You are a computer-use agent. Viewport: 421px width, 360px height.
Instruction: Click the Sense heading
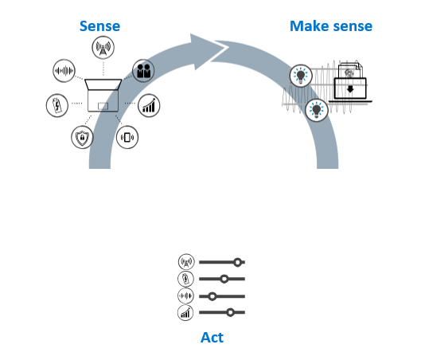pyautogui.click(x=100, y=26)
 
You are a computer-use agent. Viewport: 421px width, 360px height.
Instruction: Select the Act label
pyautogui.click(x=212, y=338)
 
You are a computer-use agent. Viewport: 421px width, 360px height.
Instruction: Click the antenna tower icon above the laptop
pyautogui.click(x=103, y=48)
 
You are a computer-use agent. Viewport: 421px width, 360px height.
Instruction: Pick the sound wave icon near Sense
pyautogui.click(x=64, y=71)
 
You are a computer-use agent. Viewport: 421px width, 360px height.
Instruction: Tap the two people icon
pyautogui.click(x=143, y=71)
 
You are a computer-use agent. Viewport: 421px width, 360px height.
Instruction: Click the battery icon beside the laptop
pyautogui.click(x=57, y=106)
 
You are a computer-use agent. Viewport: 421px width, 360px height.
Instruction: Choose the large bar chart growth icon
pyautogui.click(x=149, y=106)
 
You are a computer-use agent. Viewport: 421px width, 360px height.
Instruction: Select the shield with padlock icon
pyautogui.click(x=82, y=137)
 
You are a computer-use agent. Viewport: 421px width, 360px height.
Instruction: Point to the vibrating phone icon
pyautogui.click(x=127, y=137)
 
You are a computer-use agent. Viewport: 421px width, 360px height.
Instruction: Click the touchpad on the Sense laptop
pyautogui.click(x=103, y=106)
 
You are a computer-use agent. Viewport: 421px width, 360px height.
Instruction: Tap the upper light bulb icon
pyautogui.click(x=301, y=76)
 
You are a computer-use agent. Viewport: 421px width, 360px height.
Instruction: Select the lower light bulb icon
pyautogui.click(x=317, y=110)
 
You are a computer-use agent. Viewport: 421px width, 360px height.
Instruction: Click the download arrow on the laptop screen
pyautogui.click(x=350, y=89)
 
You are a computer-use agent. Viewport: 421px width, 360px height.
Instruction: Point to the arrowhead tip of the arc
pyautogui.click(x=228, y=47)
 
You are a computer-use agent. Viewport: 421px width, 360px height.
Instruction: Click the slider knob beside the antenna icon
pyautogui.click(x=237, y=262)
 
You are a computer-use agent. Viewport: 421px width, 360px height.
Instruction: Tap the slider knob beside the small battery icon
pyautogui.click(x=224, y=279)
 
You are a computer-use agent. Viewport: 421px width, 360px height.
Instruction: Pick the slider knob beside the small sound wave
pyautogui.click(x=212, y=296)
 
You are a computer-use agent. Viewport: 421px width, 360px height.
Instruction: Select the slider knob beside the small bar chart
pyautogui.click(x=230, y=312)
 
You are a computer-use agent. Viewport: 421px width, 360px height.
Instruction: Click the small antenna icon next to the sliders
pyautogui.click(x=186, y=262)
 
